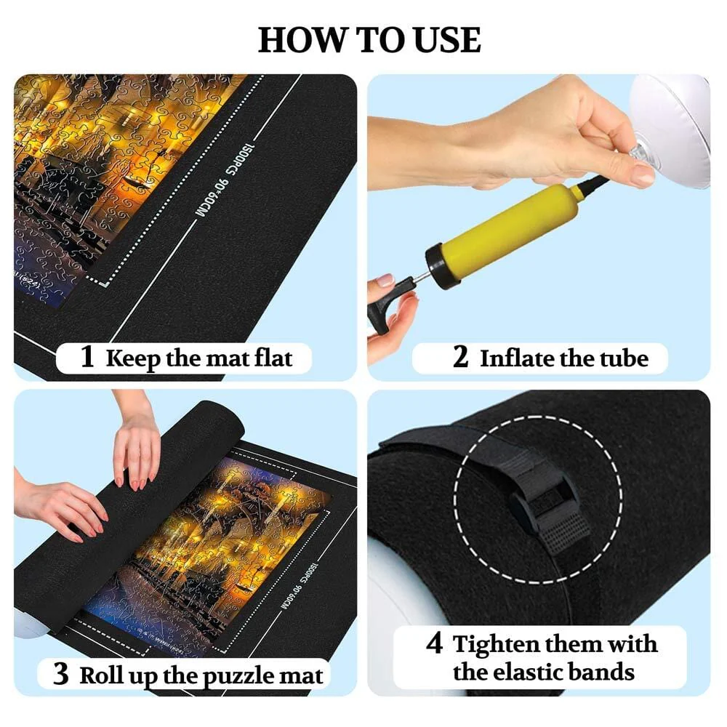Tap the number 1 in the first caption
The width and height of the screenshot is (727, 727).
pos(87,358)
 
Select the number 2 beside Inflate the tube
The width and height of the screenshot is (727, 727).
pos(460,358)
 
